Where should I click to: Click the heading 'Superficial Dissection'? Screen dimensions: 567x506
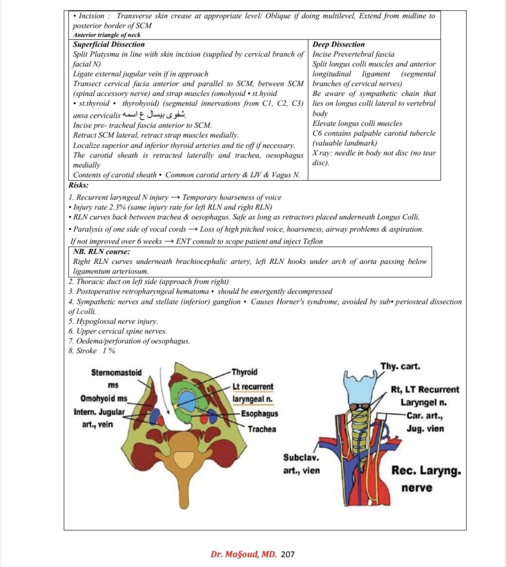[109, 44]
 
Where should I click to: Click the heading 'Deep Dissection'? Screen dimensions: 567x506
[339, 44]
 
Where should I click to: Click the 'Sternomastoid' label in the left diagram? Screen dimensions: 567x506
[115, 372]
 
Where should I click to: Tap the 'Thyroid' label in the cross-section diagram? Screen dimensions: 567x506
[244, 372]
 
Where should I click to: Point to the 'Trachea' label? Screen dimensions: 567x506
[261, 429]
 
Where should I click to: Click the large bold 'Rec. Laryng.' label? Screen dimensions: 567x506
[426, 471]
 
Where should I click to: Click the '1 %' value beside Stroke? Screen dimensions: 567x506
[109, 351]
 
